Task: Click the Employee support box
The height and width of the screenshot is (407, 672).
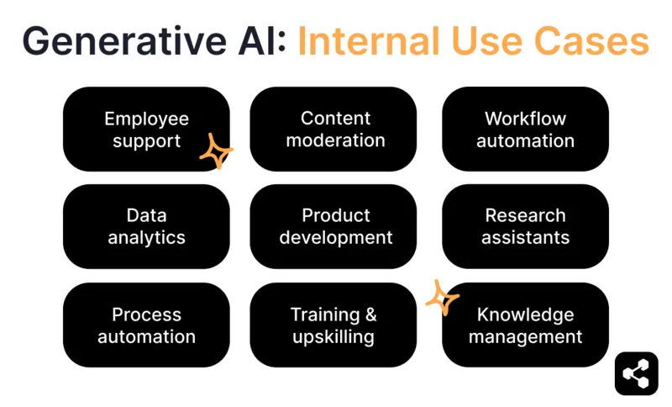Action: (x=146, y=129)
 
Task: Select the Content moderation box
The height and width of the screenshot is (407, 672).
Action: (x=335, y=129)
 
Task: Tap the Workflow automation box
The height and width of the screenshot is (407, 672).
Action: (x=525, y=129)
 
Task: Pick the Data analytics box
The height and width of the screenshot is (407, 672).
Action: (x=146, y=226)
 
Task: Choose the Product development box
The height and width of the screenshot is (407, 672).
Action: (x=335, y=226)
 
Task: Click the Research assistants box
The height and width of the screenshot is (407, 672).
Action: (x=525, y=226)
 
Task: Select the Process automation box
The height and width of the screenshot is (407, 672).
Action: (x=146, y=325)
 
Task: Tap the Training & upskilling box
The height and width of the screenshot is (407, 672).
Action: (x=333, y=325)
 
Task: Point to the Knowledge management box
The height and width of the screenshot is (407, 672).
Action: (x=525, y=325)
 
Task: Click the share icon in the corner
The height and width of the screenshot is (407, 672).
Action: (x=636, y=373)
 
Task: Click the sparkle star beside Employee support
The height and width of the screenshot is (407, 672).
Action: (x=215, y=152)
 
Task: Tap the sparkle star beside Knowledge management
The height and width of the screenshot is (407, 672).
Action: (x=441, y=298)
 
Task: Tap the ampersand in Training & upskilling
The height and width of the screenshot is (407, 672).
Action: (x=369, y=315)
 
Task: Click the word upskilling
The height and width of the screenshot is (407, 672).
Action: (x=333, y=337)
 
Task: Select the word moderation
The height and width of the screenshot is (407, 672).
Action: (x=335, y=141)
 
